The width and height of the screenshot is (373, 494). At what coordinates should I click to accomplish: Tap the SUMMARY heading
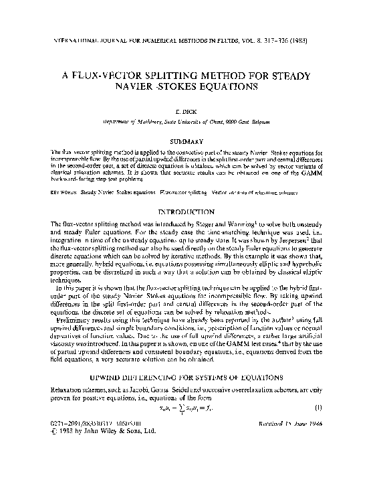[x=186, y=142]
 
